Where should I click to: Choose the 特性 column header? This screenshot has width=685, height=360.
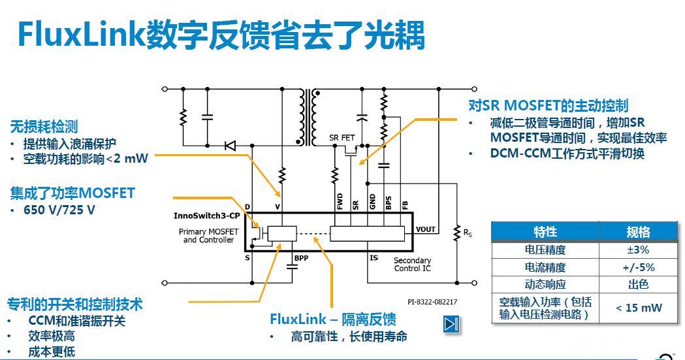point(545,232)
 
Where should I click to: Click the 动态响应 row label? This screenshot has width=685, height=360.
point(545,285)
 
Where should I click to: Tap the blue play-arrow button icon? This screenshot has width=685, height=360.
point(451,324)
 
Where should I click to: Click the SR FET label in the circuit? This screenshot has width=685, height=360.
point(342,138)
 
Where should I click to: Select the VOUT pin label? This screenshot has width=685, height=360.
point(426,229)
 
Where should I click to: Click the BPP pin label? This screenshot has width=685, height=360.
point(301,258)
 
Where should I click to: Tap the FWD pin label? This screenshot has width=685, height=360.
point(340,202)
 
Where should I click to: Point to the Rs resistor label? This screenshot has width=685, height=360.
point(468,232)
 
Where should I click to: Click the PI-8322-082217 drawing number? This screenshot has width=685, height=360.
point(432,302)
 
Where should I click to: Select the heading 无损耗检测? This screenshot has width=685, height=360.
point(44,127)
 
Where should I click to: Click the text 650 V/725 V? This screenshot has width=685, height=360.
point(59,210)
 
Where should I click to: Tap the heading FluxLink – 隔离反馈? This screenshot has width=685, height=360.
point(332,319)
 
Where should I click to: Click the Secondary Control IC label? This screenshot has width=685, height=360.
point(412,265)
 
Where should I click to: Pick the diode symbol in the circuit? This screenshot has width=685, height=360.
point(230,146)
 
